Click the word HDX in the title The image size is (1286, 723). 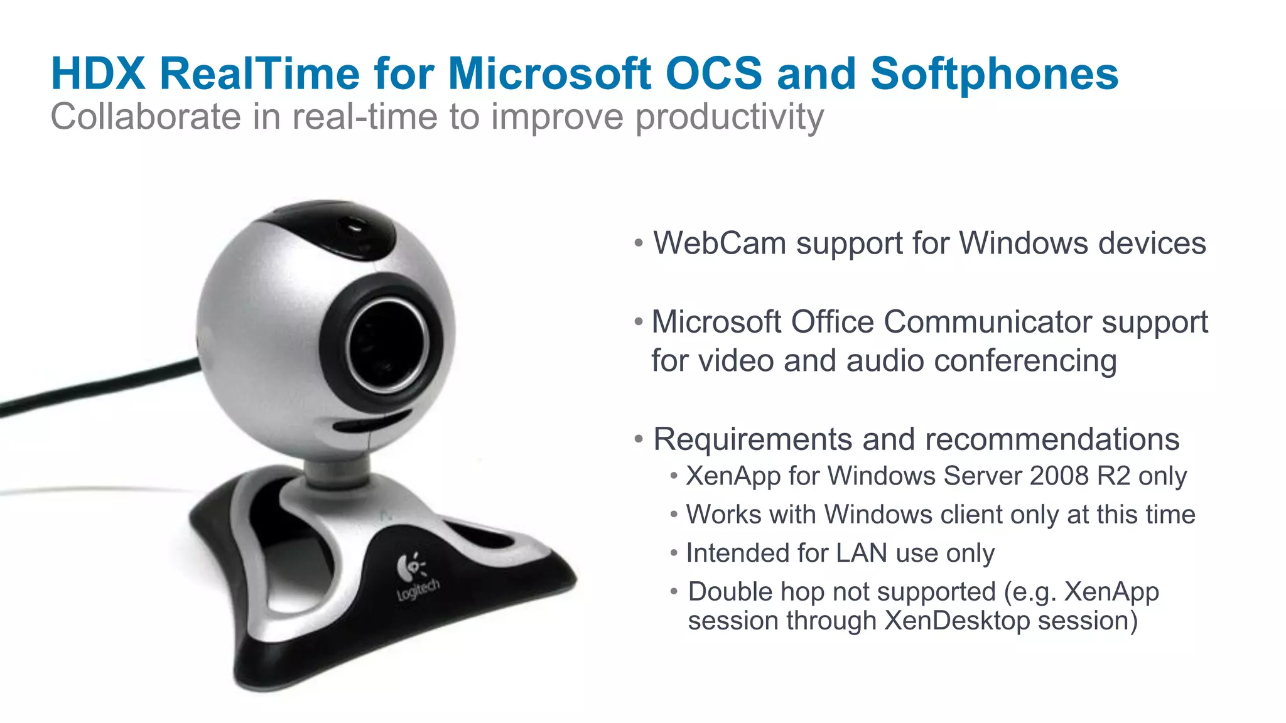click(99, 74)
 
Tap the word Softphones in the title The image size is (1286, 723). click(994, 74)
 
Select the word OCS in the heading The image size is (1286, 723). click(713, 74)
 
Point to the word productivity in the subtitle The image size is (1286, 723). click(729, 117)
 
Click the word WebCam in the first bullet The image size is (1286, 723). click(720, 244)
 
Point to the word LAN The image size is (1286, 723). click(862, 553)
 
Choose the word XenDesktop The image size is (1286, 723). click(956, 621)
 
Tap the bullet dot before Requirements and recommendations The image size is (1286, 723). click(639, 439)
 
